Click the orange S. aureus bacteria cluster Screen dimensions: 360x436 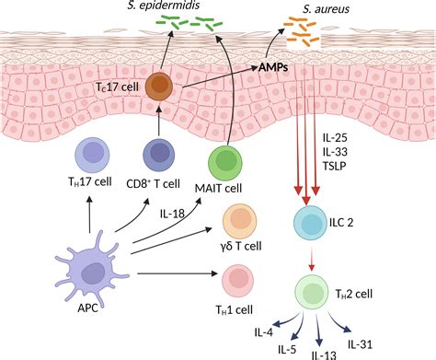point(302,37)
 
